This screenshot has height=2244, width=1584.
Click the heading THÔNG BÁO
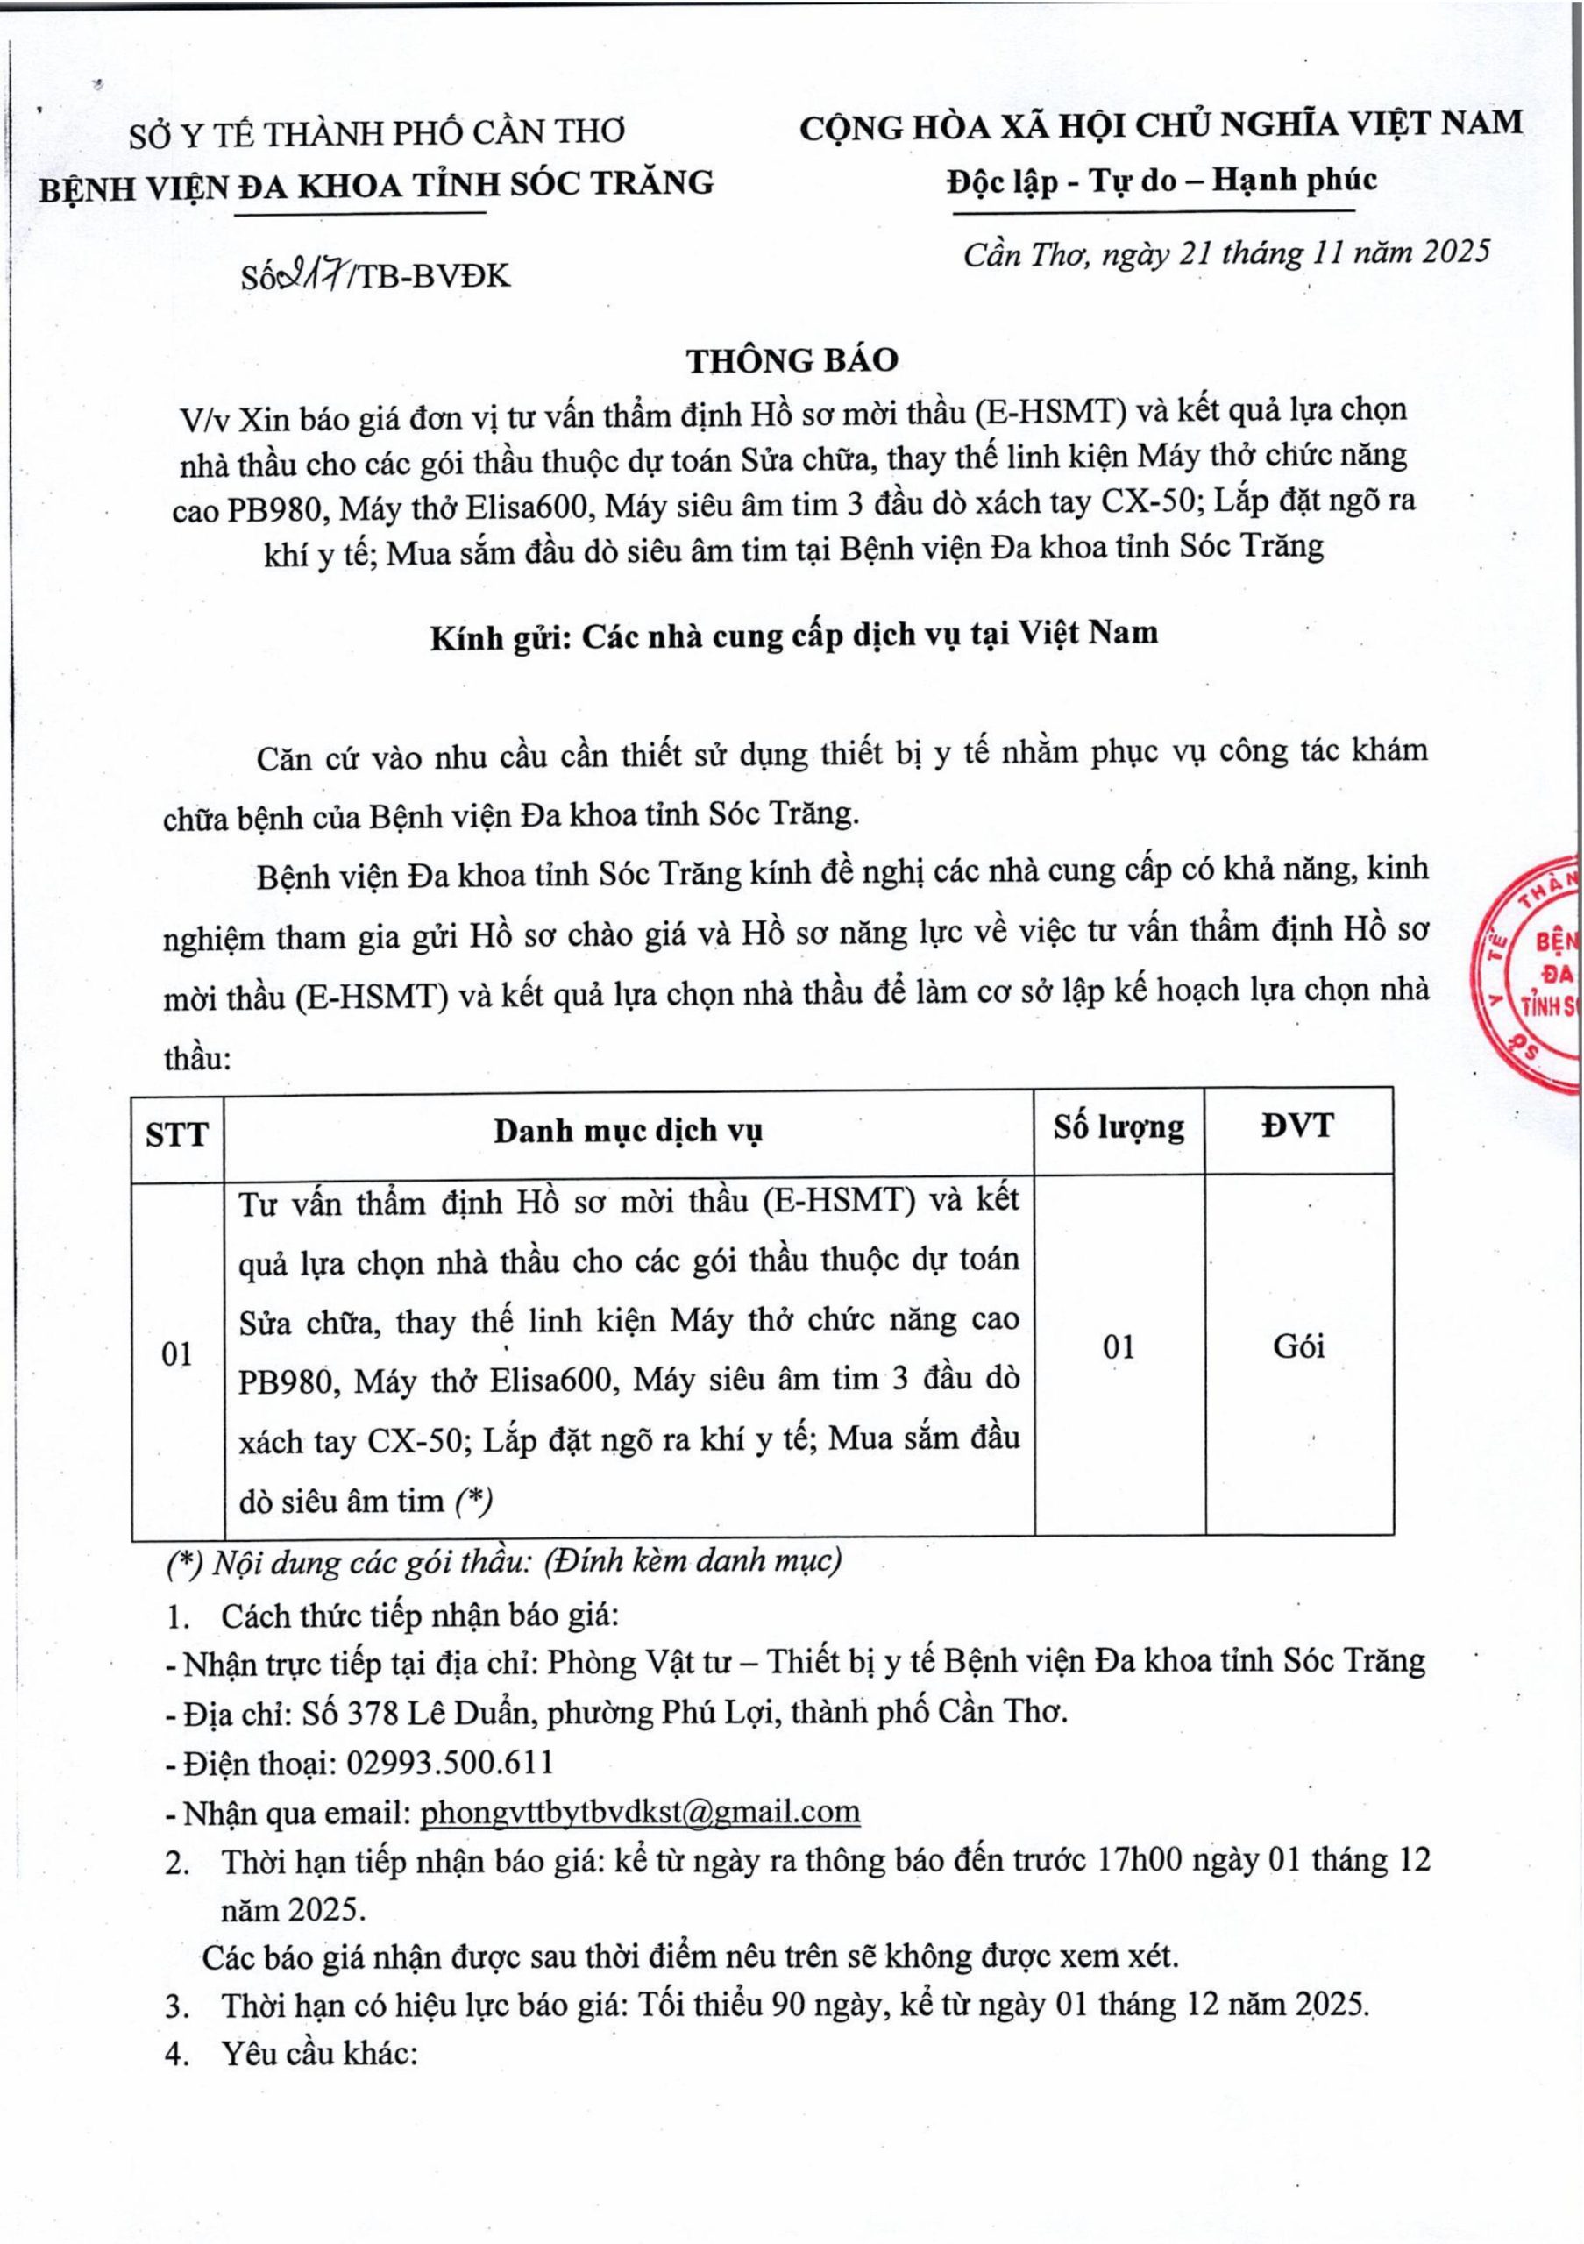click(792, 360)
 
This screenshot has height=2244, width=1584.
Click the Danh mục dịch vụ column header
click(629, 1131)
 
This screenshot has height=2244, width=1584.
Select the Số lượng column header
click(1119, 1128)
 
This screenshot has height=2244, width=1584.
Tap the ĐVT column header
click(1297, 1126)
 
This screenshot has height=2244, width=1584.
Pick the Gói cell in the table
click(1298, 1346)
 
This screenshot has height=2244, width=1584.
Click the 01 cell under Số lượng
click(1119, 1348)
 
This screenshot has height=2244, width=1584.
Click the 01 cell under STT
click(177, 1354)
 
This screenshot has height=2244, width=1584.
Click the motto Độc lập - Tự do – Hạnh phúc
click(1161, 181)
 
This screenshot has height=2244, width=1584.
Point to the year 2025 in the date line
click(1455, 252)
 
